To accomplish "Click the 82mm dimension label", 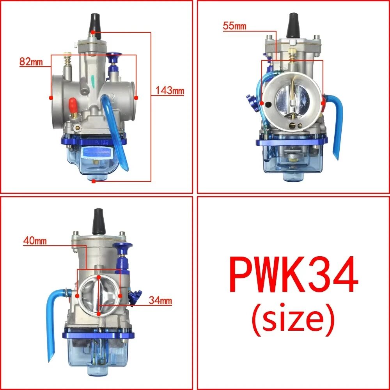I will [x=30, y=62].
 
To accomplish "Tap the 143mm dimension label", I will [x=169, y=91].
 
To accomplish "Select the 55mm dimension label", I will [x=235, y=26].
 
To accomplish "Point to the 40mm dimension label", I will [x=35, y=241].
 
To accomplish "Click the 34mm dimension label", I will [x=160, y=301].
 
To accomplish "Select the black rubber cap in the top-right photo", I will [x=292, y=24].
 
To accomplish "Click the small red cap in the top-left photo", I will [x=72, y=103].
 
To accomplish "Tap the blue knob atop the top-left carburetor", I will [x=115, y=58].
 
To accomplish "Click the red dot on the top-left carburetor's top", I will [x=93, y=32].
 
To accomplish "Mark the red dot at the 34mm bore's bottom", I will [x=99, y=313].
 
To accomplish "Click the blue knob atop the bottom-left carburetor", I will [x=122, y=248].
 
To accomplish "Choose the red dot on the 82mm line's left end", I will [x=51, y=97].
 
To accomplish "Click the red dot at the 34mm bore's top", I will [x=99, y=277].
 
